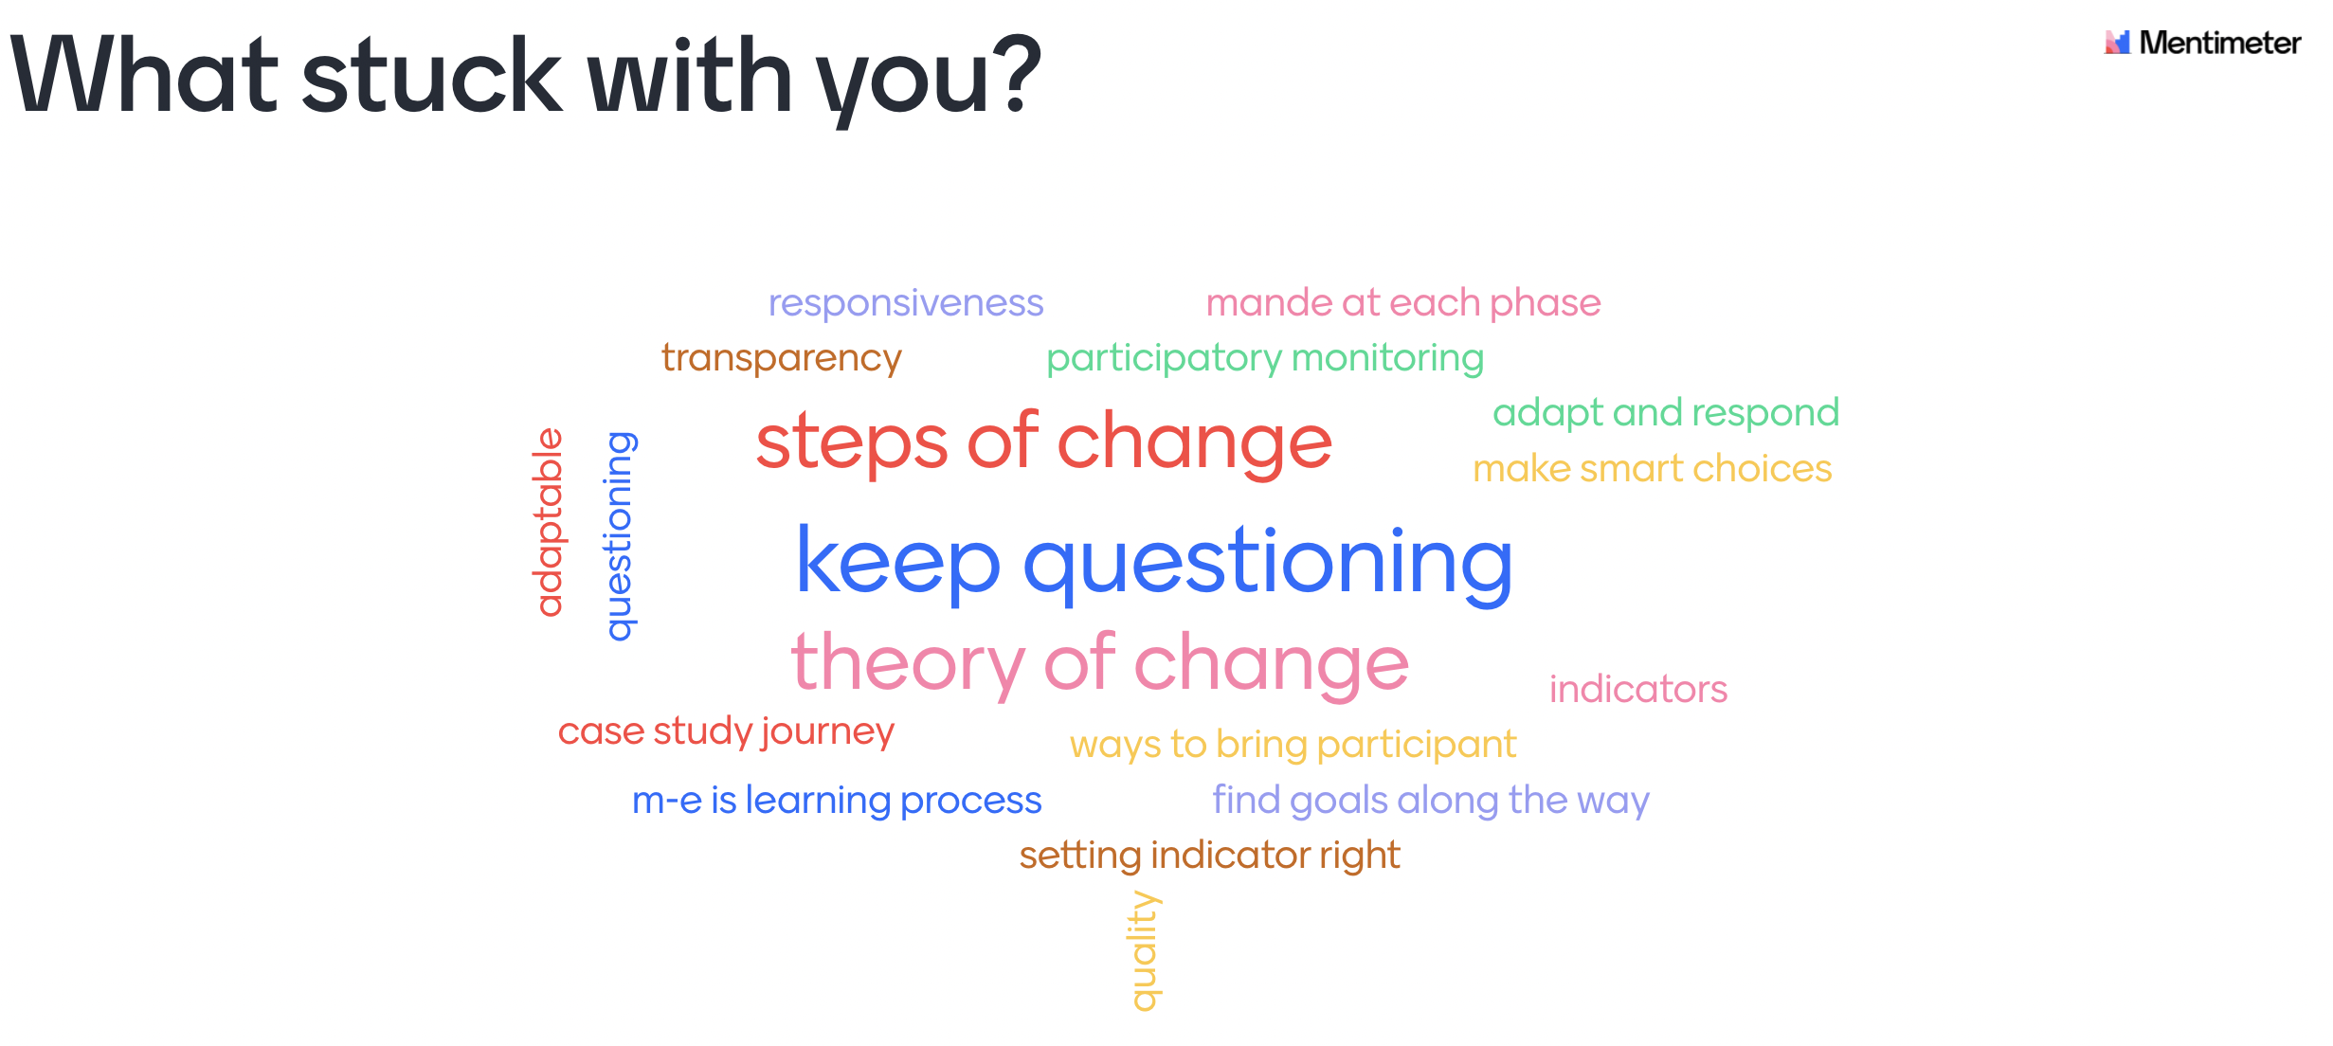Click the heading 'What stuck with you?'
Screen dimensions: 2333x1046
pyautogui.click(x=526, y=77)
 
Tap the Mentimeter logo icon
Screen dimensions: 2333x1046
pyautogui.click(x=2117, y=43)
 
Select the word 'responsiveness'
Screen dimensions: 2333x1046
pyautogui.click(x=905, y=303)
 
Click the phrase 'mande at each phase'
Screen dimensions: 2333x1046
pyautogui.click(x=1403, y=303)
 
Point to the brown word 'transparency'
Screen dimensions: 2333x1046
pyautogui.click(x=782, y=358)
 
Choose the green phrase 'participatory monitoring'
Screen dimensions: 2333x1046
pyautogui.click(x=1265, y=358)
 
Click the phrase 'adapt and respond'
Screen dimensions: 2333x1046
pyautogui.click(x=1666, y=413)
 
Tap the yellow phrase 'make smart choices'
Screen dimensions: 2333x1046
pyautogui.click(x=1653, y=468)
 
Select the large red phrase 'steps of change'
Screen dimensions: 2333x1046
pyautogui.click(x=1044, y=443)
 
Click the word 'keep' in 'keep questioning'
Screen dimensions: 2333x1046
pyautogui.click(x=898, y=563)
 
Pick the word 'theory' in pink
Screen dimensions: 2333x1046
pyautogui.click(x=909, y=663)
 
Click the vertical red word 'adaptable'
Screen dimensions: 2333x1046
pyautogui.click(x=550, y=522)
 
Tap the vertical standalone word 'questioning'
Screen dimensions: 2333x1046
pyautogui.click(x=621, y=536)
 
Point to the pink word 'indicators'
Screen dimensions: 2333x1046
pyautogui.click(x=1638, y=689)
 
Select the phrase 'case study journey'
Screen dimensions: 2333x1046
pyautogui.click(x=726, y=731)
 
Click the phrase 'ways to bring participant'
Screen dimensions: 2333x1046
pyautogui.click(x=1293, y=745)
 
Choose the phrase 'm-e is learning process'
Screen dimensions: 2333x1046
pyautogui.click(x=837, y=801)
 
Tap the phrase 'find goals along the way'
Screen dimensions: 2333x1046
pyautogui.click(x=1431, y=801)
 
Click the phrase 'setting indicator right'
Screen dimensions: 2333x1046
pyautogui.click(x=1210, y=856)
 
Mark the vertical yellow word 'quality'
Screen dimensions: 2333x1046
pyautogui.click(x=1145, y=951)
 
